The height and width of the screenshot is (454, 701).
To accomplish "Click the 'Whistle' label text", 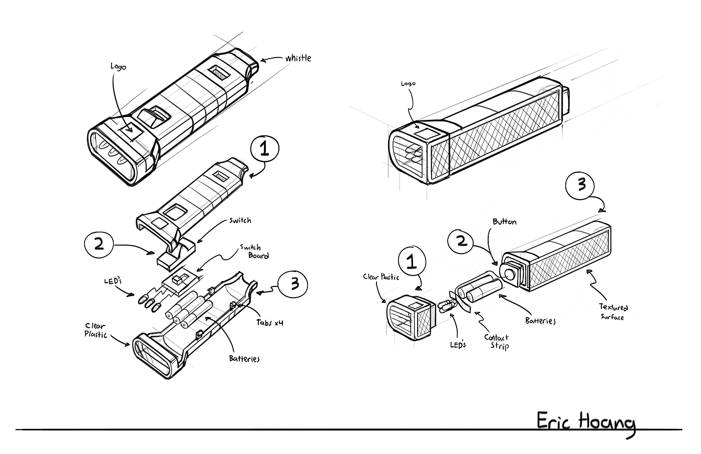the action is [x=298, y=58].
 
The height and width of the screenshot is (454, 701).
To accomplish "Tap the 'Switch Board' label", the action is [x=255, y=252].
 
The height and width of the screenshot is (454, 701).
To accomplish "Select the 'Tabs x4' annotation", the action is [x=270, y=322].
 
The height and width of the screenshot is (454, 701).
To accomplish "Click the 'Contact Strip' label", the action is [x=497, y=342].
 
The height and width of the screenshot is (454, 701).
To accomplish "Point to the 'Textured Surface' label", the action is [x=613, y=312].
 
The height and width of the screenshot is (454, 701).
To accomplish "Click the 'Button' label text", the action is [x=505, y=221].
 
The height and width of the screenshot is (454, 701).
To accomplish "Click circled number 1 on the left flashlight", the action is [x=265, y=149].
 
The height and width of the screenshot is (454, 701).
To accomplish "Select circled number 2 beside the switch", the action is [x=99, y=244].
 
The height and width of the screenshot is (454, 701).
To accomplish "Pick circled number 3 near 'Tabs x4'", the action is [x=293, y=284].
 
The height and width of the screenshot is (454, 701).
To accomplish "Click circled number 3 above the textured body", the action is [x=580, y=185].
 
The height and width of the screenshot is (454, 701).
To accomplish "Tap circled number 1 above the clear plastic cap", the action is [x=412, y=262].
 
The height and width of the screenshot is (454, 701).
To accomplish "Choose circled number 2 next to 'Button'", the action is [x=462, y=241].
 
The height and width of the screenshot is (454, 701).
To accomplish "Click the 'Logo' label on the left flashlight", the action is [x=118, y=67].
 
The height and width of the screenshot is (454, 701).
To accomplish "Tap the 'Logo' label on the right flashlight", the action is [x=409, y=84].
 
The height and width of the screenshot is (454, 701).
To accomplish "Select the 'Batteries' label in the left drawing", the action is [x=244, y=358].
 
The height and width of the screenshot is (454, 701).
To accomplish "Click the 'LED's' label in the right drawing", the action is [x=458, y=344].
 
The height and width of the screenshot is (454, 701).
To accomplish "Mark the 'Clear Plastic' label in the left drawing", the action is [x=96, y=330].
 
